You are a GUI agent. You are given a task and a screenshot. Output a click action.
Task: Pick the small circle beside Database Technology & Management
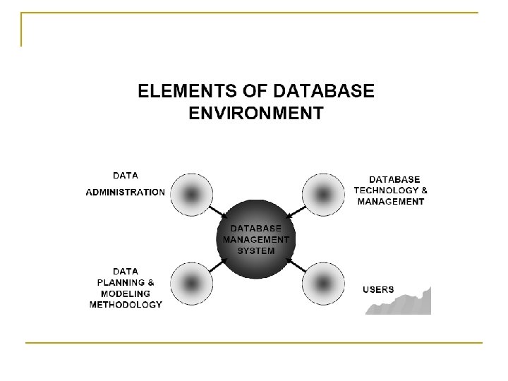pos(322,192)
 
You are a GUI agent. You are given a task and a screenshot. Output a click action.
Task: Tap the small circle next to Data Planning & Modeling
pos(188,284)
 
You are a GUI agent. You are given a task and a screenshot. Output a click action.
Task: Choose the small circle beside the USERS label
pos(322,284)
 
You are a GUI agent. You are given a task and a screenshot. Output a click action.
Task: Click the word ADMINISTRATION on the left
pos(126,192)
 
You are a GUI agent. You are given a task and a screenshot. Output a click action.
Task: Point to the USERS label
pos(378,289)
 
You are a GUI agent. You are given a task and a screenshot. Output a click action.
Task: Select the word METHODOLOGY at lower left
pos(126,305)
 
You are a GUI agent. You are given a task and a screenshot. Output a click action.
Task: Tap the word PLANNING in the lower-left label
pos(121,282)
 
